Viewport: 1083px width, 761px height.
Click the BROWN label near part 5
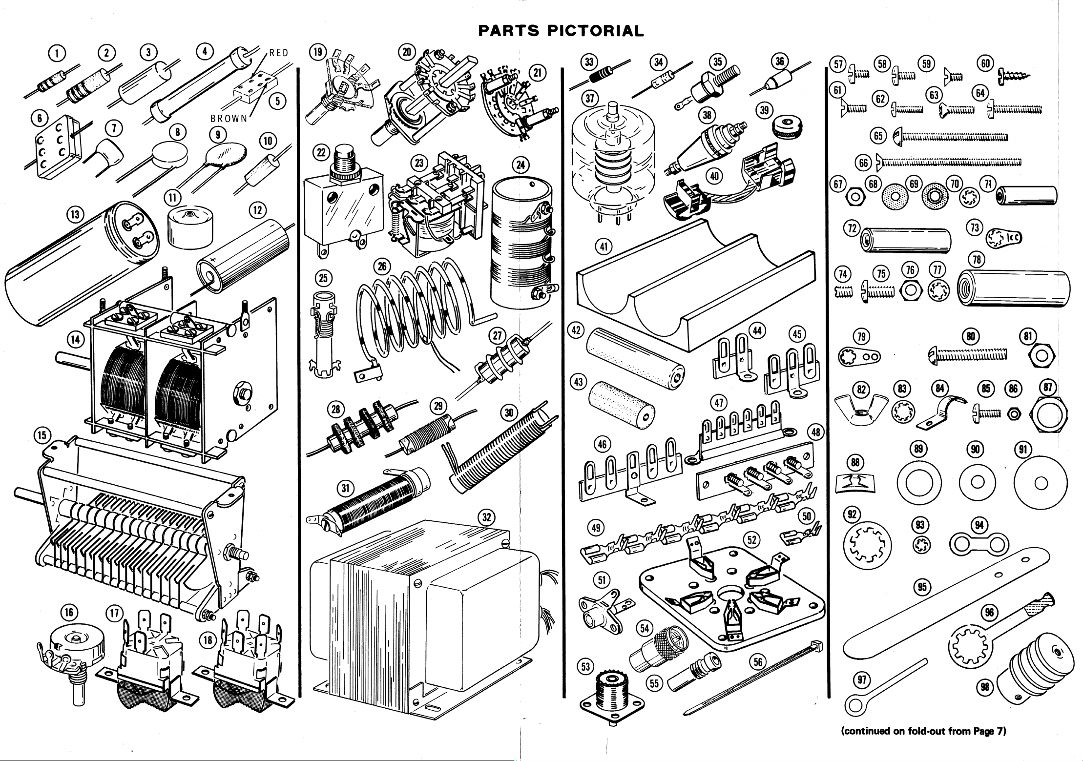tap(229, 119)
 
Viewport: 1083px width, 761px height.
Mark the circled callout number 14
tap(75, 338)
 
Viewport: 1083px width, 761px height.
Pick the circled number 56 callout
tap(757, 661)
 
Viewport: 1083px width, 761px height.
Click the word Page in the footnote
tap(979, 745)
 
